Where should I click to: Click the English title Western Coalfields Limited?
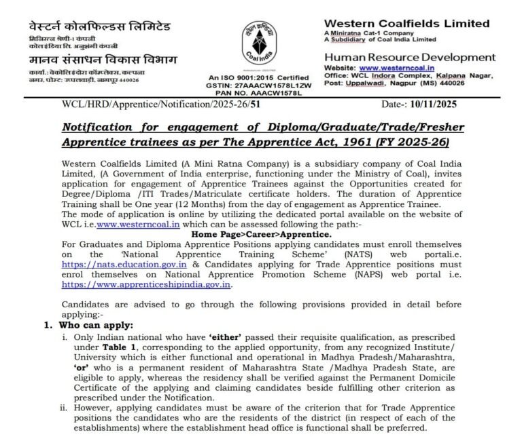[406, 23]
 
